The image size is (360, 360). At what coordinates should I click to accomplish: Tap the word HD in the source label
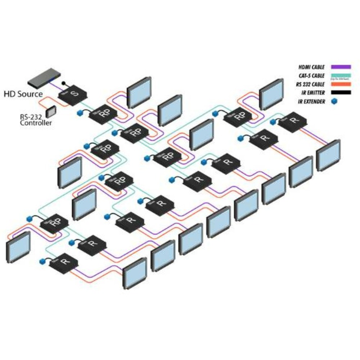10,94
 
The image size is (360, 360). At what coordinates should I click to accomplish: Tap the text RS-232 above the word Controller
30,117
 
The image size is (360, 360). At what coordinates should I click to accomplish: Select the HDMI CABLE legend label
312,67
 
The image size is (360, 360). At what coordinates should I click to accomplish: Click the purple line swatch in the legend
341,67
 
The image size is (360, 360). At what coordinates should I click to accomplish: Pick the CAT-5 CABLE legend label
311,76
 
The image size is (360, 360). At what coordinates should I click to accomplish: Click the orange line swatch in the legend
341,84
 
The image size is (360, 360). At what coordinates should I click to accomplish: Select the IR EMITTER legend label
312,93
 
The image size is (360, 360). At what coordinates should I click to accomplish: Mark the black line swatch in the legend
341,93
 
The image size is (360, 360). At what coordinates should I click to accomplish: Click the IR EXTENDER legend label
311,102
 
